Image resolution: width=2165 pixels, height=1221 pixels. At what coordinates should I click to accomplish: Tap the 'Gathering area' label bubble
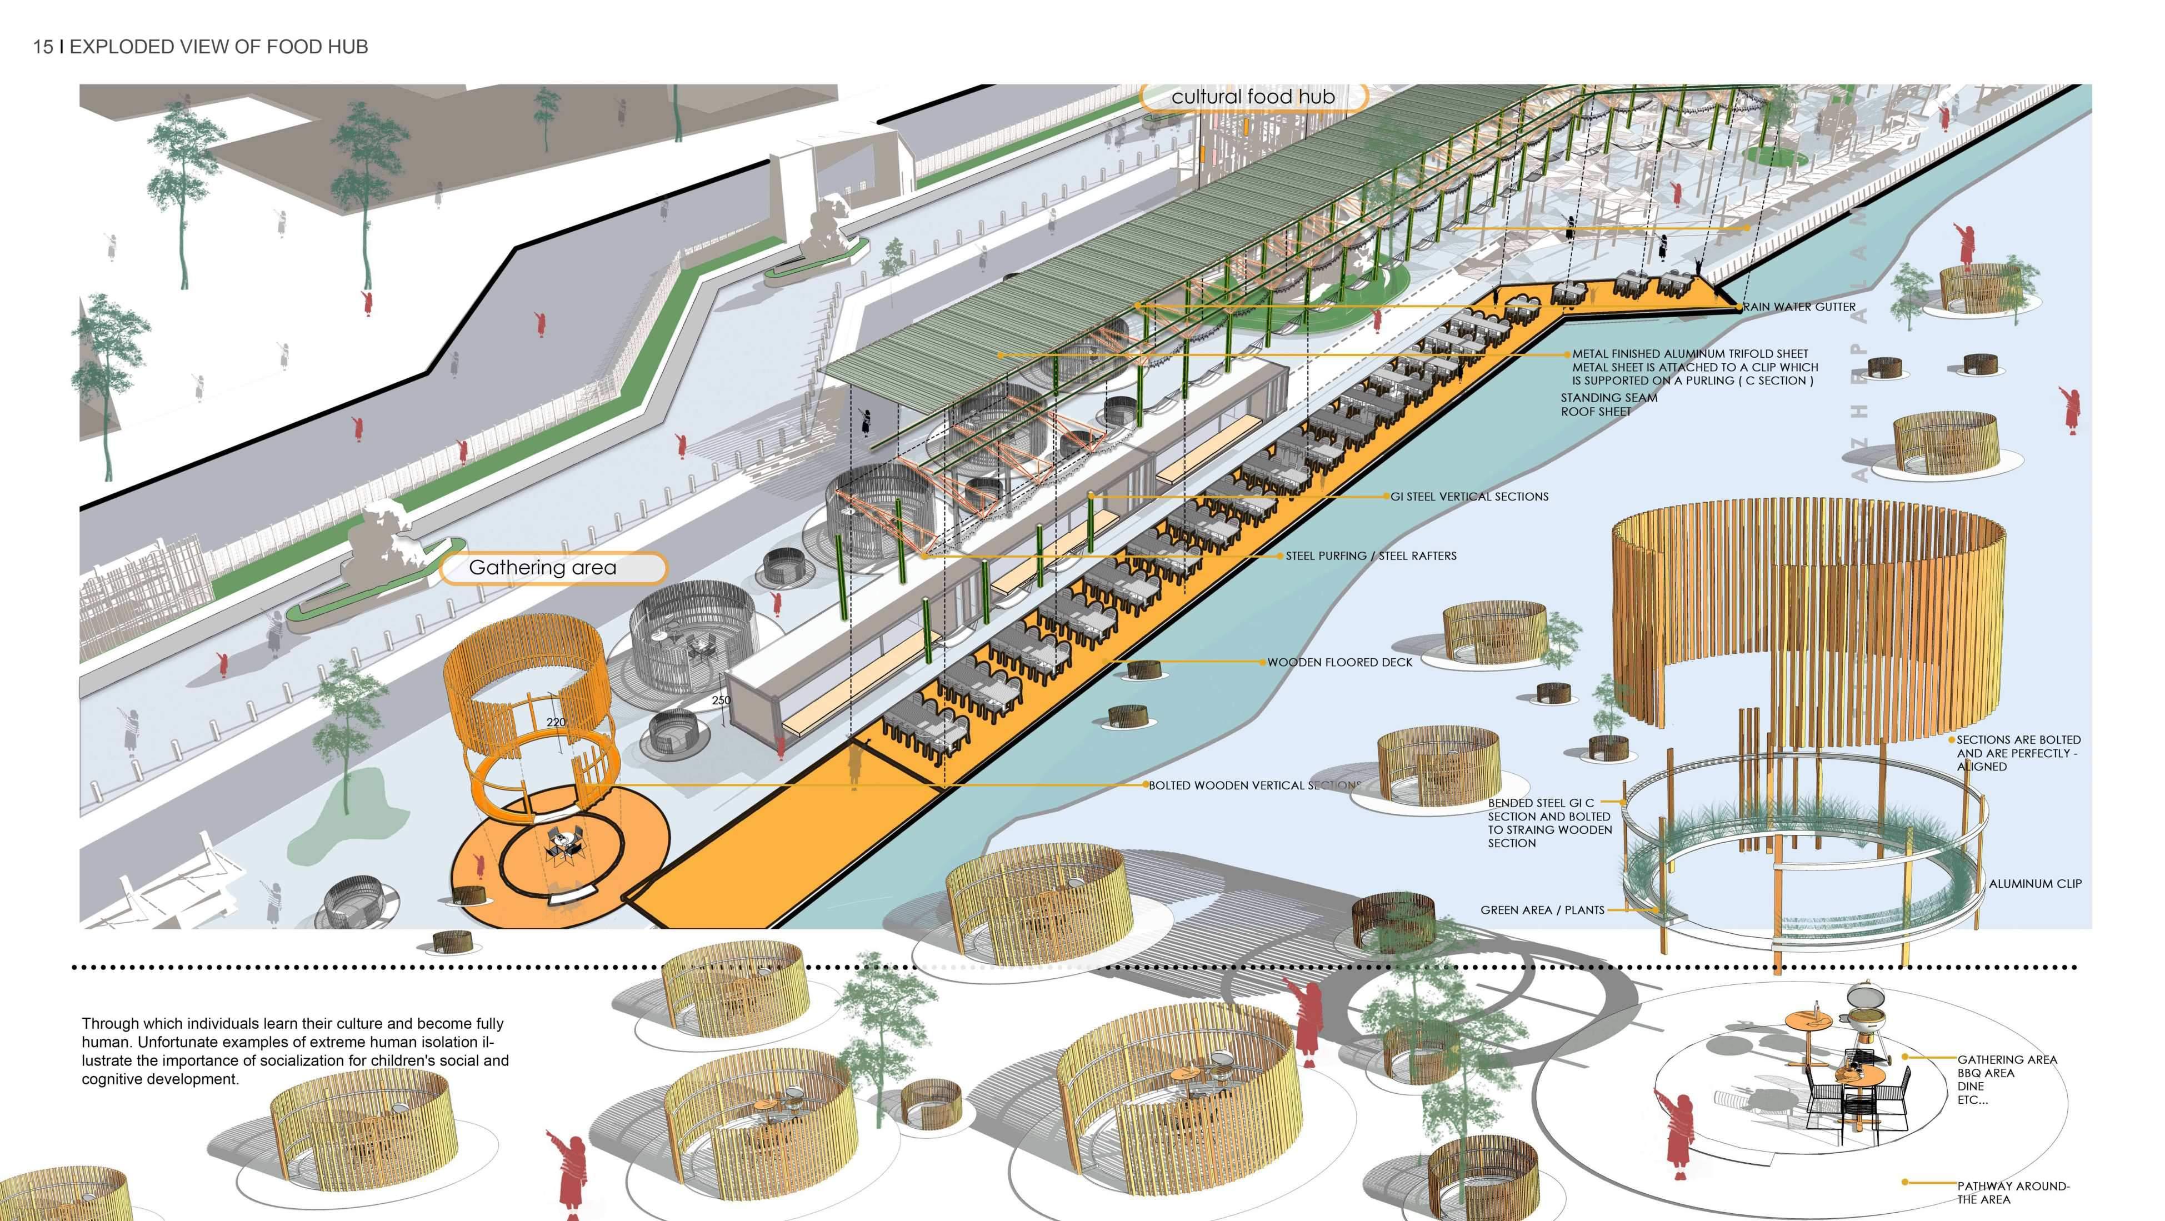coord(543,568)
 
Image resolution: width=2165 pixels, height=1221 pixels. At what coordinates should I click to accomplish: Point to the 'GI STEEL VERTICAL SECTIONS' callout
coord(1469,497)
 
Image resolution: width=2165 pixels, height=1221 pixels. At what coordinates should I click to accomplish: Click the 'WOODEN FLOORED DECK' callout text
coord(1339,662)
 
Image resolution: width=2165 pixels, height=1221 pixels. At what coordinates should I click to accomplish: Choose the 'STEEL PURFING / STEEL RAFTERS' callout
coord(1371,556)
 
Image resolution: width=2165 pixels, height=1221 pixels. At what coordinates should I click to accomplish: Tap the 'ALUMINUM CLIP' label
coord(2035,883)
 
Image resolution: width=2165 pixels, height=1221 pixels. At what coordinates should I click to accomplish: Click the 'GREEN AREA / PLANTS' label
coord(1542,909)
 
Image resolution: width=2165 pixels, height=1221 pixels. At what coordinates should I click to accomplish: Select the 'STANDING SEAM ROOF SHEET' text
coord(1609,404)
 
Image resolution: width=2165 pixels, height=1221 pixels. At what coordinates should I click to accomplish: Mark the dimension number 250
coord(720,700)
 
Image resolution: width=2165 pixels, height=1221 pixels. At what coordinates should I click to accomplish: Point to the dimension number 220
coord(556,722)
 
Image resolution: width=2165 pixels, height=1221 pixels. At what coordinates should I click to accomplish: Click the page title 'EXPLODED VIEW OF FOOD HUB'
coord(218,47)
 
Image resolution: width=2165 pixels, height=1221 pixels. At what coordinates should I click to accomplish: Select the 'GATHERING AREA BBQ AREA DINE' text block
coord(2006,1079)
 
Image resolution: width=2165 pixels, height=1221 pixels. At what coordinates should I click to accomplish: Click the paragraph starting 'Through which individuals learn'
coord(294,1050)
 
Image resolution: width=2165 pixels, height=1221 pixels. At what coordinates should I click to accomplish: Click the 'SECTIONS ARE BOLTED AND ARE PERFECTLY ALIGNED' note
coord(2018,753)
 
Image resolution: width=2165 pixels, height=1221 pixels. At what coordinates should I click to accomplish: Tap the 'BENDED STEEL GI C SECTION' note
coord(1549,823)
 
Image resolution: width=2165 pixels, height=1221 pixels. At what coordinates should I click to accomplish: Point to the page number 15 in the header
coord(43,47)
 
